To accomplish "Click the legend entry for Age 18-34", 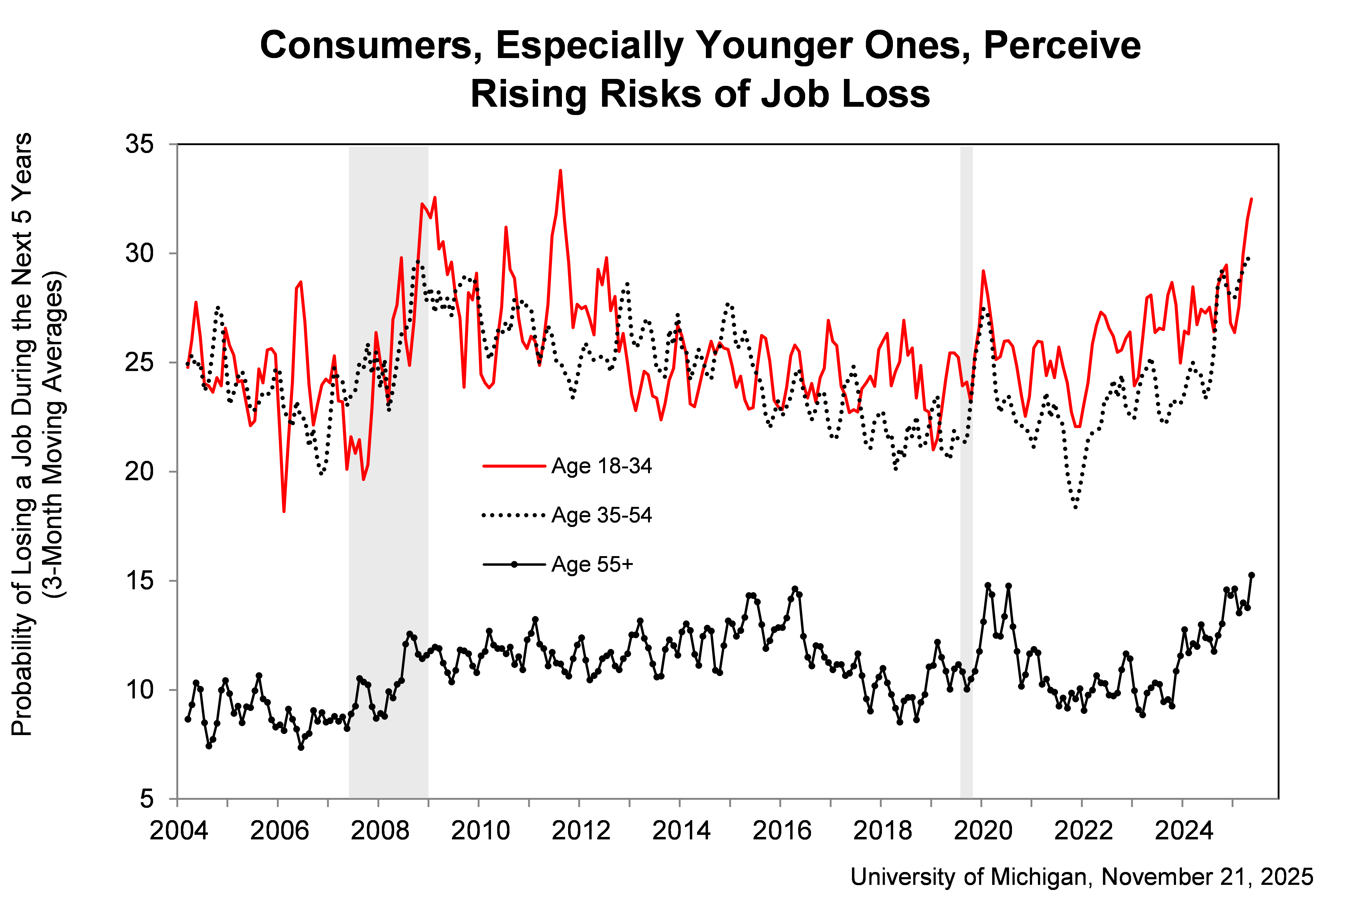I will (601, 466).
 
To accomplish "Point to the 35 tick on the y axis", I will (139, 144).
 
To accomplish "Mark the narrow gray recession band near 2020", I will (966, 464).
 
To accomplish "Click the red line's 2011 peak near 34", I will (560, 171).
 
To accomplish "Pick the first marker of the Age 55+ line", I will (188, 719).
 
